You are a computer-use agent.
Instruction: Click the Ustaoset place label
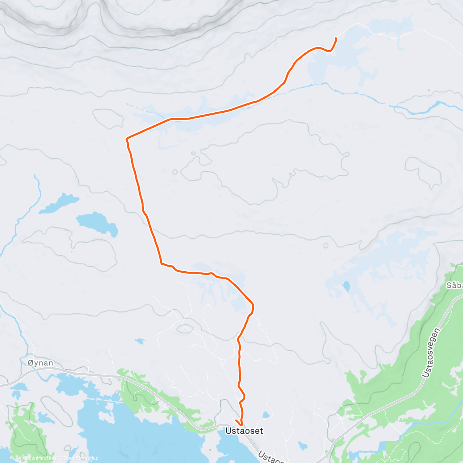pyautogui.click(x=244, y=431)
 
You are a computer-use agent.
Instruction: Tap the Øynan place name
pyautogui.click(x=41, y=363)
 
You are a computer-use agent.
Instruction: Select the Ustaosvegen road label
pyautogui.click(x=431, y=353)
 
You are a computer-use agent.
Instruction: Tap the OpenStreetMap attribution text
pyautogui.click(x=81, y=458)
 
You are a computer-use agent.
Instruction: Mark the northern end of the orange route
pyautogui.click(x=336, y=38)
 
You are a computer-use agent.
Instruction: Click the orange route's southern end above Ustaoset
pyautogui.click(x=236, y=420)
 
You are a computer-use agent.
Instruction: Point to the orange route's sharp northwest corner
pyautogui.click(x=127, y=139)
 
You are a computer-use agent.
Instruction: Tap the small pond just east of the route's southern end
pyautogui.click(x=265, y=415)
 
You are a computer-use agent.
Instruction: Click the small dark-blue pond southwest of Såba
pyautogui.click(x=346, y=286)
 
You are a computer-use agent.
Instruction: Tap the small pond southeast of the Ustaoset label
pyautogui.click(x=303, y=446)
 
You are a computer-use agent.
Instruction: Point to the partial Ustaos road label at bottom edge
pyautogui.click(x=270, y=457)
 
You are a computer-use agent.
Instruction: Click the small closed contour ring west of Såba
pyautogui.click(x=326, y=245)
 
